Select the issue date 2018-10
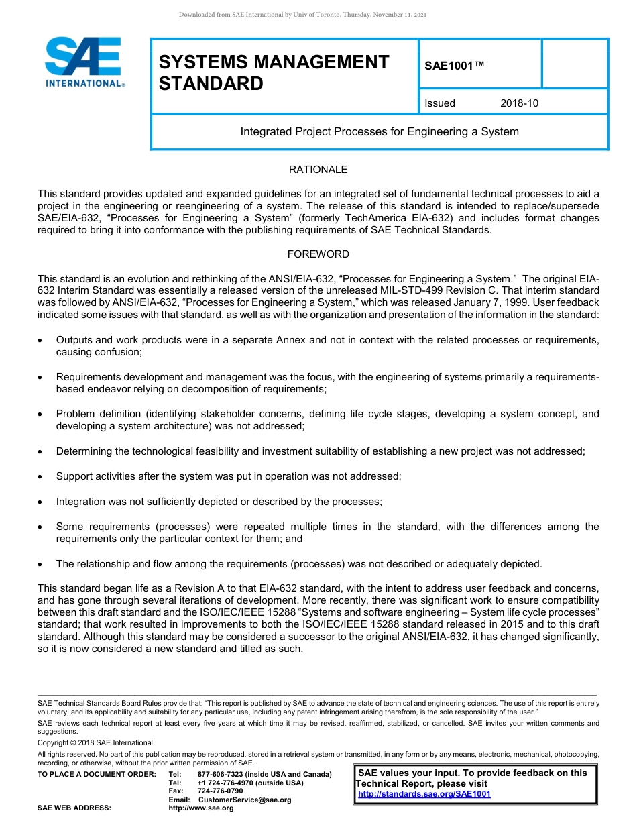(x=519, y=103)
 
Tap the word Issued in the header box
(x=440, y=103)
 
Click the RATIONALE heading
(x=318, y=170)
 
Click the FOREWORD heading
(x=318, y=254)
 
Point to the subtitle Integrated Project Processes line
(x=380, y=132)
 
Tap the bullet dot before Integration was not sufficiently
(x=41, y=502)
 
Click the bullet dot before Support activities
(x=41, y=477)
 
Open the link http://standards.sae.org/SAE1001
(x=424, y=794)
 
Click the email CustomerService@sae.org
(x=244, y=800)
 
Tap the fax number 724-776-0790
(x=221, y=791)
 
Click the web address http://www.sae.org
(x=201, y=808)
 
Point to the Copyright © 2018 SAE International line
(x=95, y=743)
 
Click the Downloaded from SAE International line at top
(x=302, y=15)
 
